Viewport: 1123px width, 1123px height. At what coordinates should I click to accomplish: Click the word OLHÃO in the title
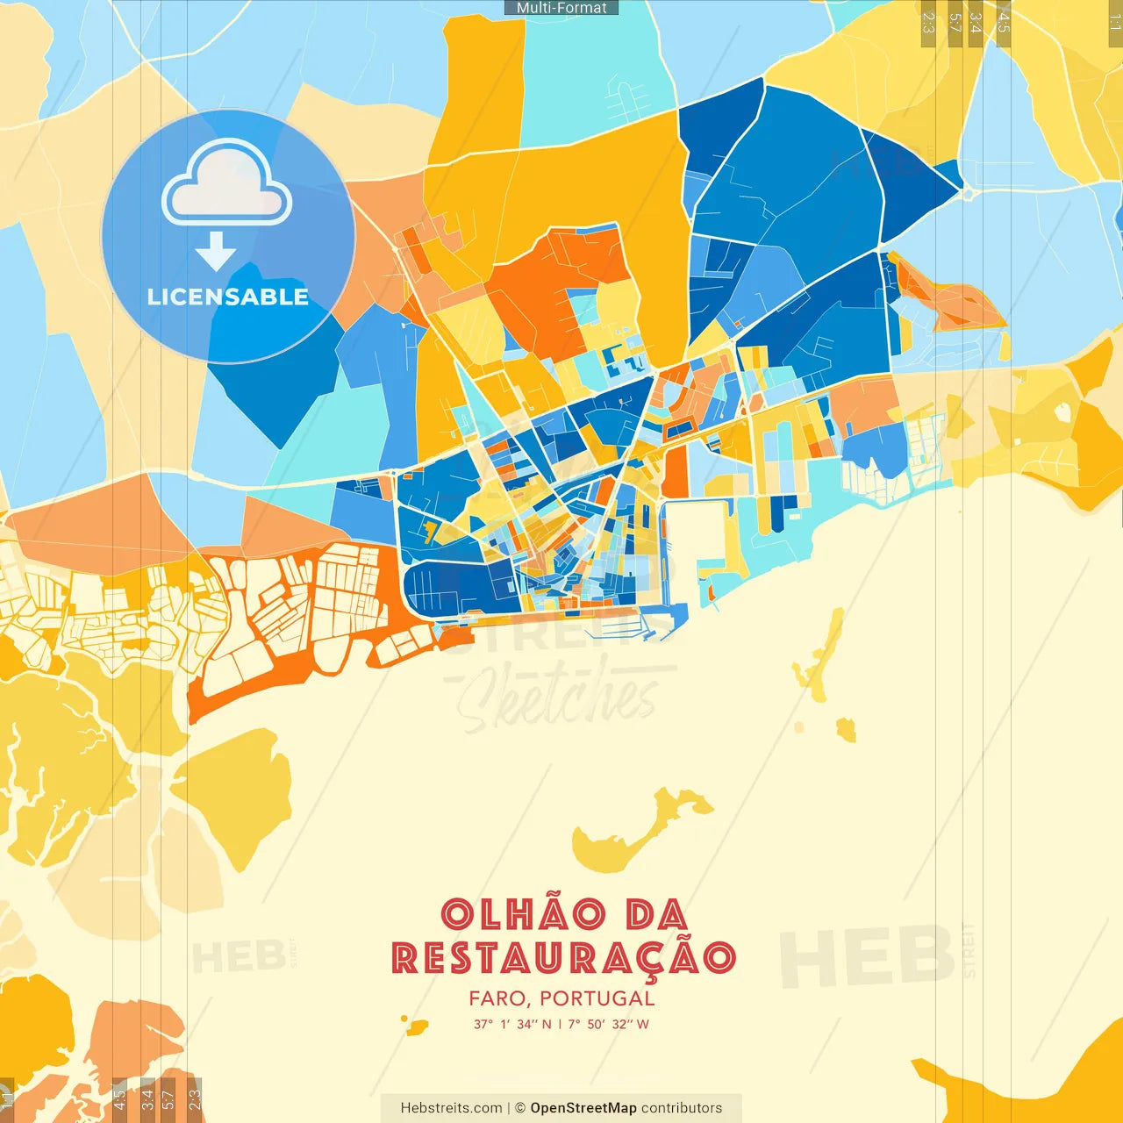click(x=523, y=915)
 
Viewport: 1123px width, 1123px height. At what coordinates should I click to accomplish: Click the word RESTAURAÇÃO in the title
click(x=562, y=958)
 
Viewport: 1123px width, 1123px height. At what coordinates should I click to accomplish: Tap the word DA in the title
click(x=656, y=915)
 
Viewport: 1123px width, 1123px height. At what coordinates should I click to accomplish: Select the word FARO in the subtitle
click(x=497, y=998)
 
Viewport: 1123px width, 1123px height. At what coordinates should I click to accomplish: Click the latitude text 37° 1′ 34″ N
click(x=512, y=1024)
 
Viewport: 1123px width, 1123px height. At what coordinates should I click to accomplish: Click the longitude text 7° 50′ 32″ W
click(x=608, y=1024)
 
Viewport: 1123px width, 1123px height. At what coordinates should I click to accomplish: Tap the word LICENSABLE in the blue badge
click(x=228, y=297)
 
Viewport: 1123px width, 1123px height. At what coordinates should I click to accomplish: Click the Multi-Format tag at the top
click(x=561, y=8)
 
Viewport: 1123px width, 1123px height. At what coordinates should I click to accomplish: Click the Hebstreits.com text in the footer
click(x=451, y=1108)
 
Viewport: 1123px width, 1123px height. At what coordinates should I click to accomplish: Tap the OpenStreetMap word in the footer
click(x=583, y=1108)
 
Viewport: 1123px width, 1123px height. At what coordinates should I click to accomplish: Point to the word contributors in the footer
click(x=682, y=1108)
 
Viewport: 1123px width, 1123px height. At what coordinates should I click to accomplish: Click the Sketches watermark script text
click(x=558, y=698)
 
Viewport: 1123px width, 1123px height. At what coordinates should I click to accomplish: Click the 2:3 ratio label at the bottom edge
click(x=194, y=1098)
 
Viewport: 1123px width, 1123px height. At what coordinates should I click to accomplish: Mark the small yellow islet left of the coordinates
click(x=416, y=1026)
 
